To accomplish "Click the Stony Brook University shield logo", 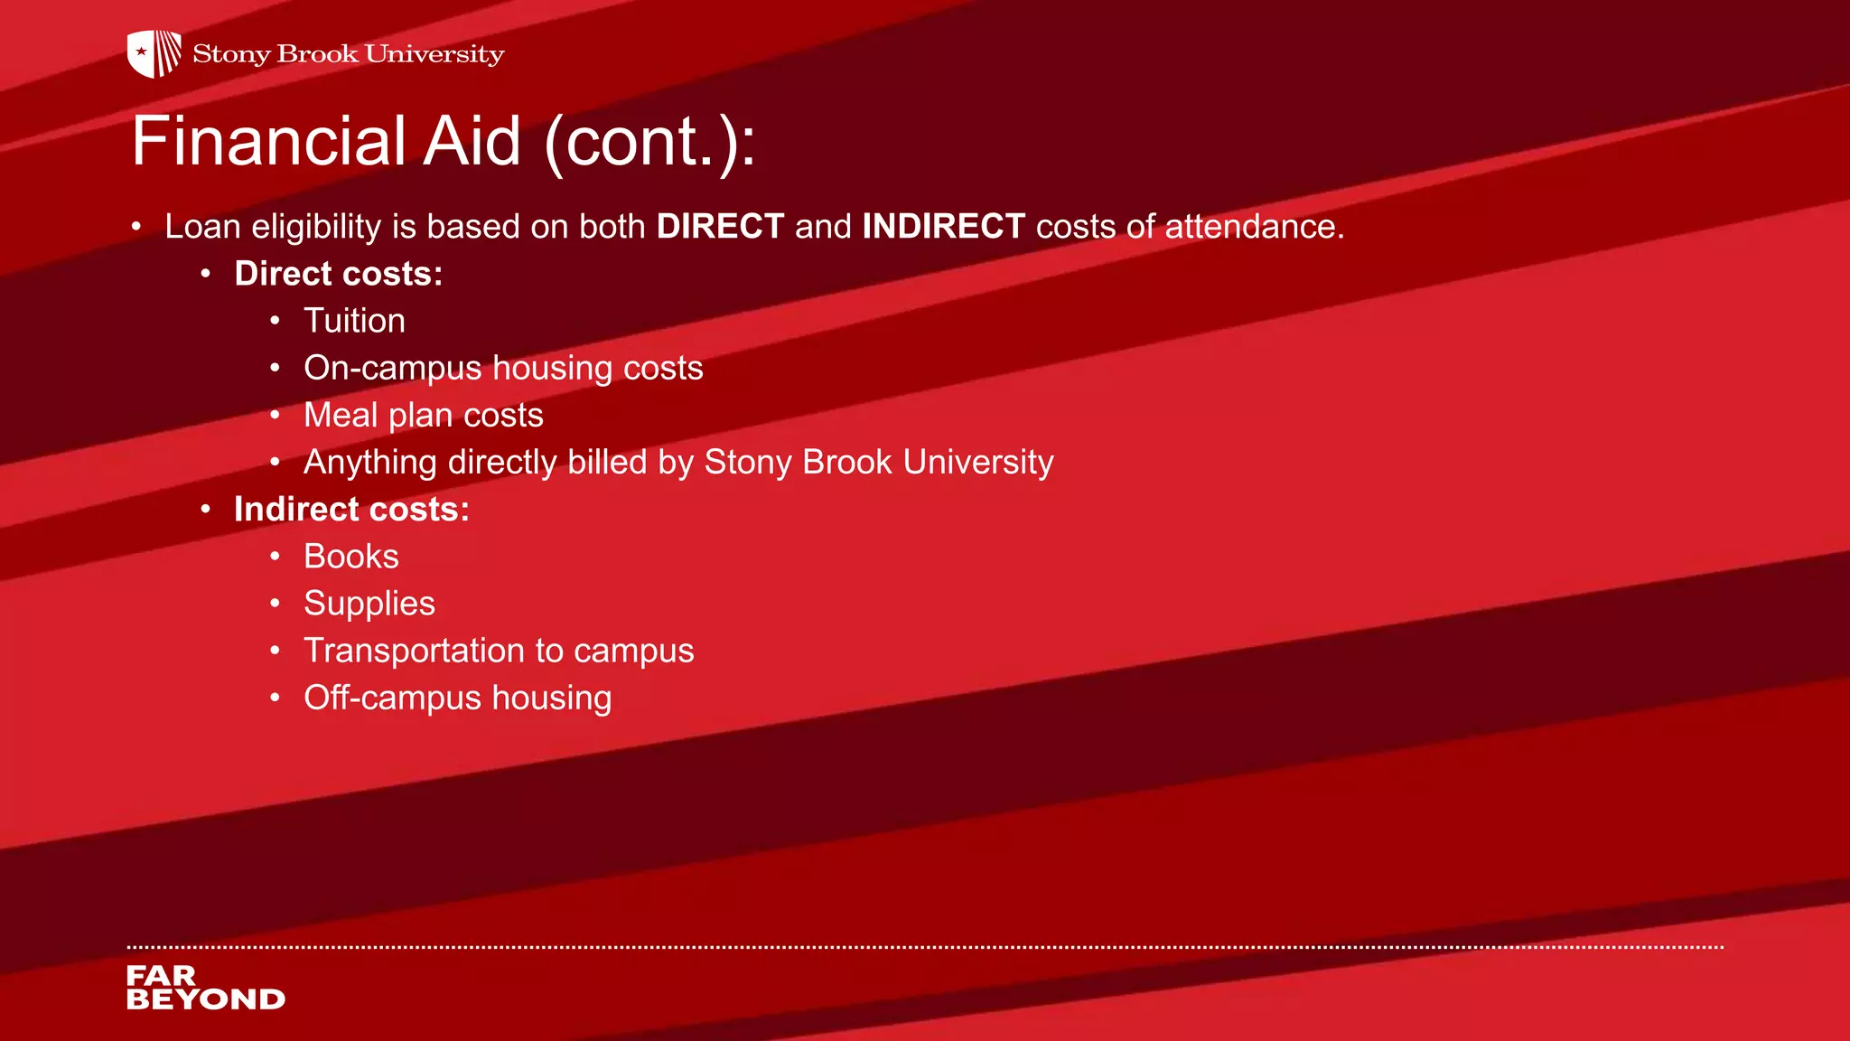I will pyautogui.click(x=154, y=53).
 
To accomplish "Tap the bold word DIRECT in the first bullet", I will pyautogui.click(x=720, y=226).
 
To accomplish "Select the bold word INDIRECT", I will pyautogui.click(x=943, y=226).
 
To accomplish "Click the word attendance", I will pyautogui.click(x=1254, y=226).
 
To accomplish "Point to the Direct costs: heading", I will pyautogui.click(x=338, y=274).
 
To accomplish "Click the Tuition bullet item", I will pyautogui.click(x=354, y=321).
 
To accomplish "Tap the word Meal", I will pyautogui.click(x=340, y=415).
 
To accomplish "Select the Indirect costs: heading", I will pyautogui.click(x=351, y=510).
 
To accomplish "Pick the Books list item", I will pyautogui.click(x=350, y=557).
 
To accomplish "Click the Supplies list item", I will pyautogui.click(x=369, y=604).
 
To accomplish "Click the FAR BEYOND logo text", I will pyautogui.click(x=205, y=988).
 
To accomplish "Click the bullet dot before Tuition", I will pyautogui.click(x=275, y=321).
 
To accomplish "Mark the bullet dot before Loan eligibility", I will pyautogui.click(x=135, y=226).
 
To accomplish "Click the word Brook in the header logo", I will pyautogui.click(x=317, y=54).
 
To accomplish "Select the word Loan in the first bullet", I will pyautogui.click(x=202, y=226).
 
